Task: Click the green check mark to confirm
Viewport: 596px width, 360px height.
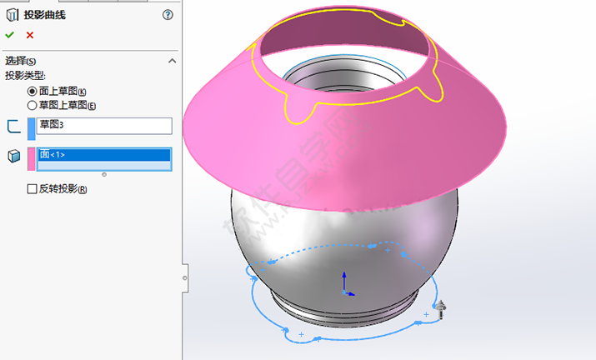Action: pyautogui.click(x=9, y=35)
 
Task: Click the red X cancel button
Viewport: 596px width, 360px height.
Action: pyautogui.click(x=30, y=35)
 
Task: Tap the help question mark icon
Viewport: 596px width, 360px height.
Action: pyautogui.click(x=168, y=14)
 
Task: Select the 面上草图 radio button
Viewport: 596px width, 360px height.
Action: pyautogui.click(x=33, y=92)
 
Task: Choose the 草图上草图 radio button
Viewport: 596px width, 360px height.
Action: pyautogui.click(x=33, y=105)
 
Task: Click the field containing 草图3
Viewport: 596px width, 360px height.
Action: pyautogui.click(x=104, y=126)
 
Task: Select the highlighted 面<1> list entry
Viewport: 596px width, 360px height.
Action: pyautogui.click(x=104, y=155)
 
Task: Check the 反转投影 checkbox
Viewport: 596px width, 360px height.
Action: pyautogui.click(x=33, y=189)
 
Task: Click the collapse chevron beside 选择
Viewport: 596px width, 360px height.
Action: pyautogui.click(x=172, y=61)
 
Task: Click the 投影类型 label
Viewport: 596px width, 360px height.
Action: pyautogui.click(x=27, y=76)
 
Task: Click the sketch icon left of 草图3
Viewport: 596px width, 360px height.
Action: pyautogui.click(x=13, y=127)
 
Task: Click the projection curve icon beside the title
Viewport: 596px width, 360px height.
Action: pyautogui.click(x=13, y=14)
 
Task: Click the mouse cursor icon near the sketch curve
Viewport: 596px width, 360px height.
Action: pyautogui.click(x=442, y=309)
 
